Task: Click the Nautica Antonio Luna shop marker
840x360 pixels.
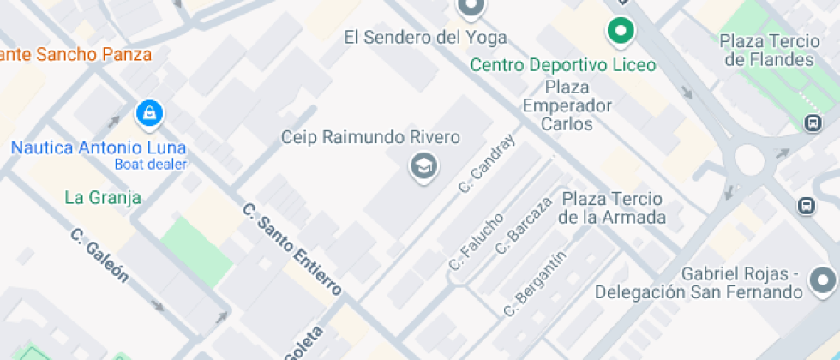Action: pos(149,112)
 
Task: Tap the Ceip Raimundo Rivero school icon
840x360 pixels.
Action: pos(423,165)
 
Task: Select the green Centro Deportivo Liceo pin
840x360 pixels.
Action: pos(620,33)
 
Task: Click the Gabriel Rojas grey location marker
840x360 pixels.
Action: pos(824,279)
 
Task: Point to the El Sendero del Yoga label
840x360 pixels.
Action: pos(425,38)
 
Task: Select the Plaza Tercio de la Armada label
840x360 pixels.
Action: pos(612,207)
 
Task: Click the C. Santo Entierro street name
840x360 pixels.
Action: pos(292,249)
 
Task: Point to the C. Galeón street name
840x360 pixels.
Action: pos(100,255)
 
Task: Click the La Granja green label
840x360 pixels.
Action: pos(103,198)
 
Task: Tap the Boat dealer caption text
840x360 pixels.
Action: pos(151,165)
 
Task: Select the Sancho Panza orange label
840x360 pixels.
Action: pos(77,55)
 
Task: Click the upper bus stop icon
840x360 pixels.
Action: pos(813,123)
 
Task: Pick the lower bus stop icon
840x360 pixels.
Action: pos(806,206)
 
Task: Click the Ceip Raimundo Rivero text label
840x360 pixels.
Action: pos(371,137)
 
